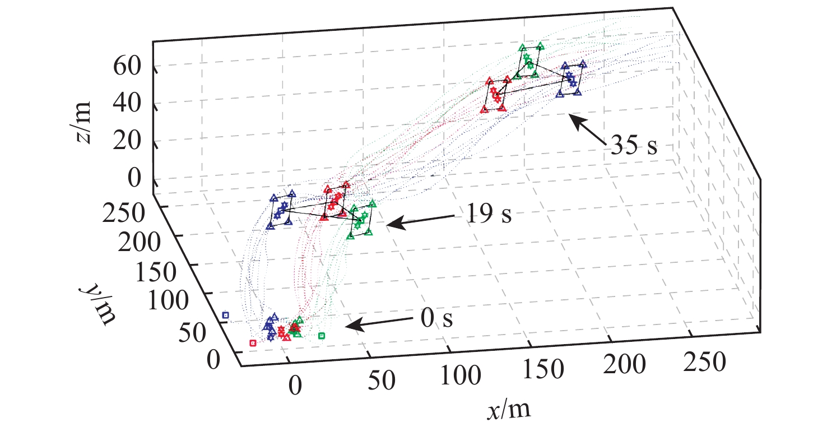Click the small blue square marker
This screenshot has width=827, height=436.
[226, 316]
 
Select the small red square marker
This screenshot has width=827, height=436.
[253, 342]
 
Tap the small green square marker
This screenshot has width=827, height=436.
[322, 336]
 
